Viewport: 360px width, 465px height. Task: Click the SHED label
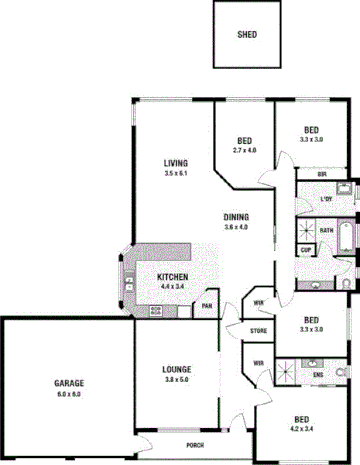247,34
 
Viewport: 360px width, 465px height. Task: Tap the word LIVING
177,162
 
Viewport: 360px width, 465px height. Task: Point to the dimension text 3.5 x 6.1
177,173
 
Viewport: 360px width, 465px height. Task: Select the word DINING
236,217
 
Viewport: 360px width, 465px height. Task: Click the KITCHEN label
173,276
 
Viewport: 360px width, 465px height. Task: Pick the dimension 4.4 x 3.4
173,286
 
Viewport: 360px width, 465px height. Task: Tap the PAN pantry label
207,305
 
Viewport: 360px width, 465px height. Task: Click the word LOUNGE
177,370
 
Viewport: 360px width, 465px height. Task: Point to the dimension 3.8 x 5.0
177,380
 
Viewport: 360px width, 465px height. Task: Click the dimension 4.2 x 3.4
301,429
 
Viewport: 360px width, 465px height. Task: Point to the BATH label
326,230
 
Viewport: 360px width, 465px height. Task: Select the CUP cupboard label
306,249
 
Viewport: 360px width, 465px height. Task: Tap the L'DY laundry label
326,199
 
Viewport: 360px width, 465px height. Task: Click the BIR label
322,174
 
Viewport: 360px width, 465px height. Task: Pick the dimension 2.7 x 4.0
245,150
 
